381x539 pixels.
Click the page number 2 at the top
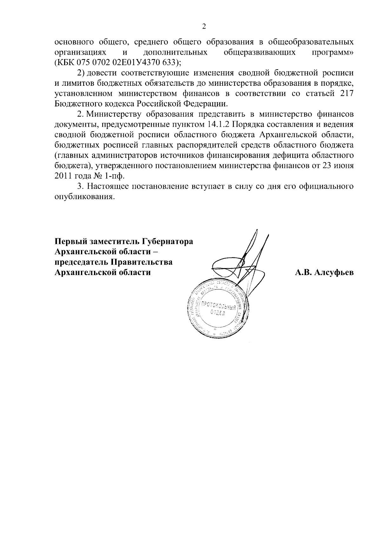[x=204, y=27]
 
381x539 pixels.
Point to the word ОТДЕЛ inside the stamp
[x=217, y=313]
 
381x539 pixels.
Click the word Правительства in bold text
[x=142, y=262]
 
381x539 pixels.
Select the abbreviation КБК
[x=64, y=62]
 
